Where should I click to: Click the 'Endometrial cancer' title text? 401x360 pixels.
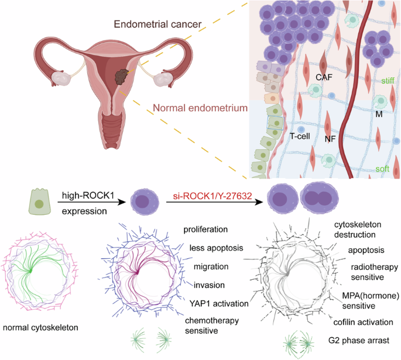tap(157, 24)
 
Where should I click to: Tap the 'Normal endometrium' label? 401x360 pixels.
tap(200, 108)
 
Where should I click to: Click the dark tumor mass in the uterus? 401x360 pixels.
tap(121, 77)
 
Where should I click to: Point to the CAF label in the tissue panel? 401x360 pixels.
tap(324, 77)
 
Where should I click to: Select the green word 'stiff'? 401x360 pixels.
tap(388, 81)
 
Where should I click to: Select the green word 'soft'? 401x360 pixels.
tap(382, 169)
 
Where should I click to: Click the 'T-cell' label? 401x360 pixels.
tap(300, 136)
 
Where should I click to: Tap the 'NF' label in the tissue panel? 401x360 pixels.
tap(330, 139)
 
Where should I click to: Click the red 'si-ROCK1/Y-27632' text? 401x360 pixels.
tap(213, 196)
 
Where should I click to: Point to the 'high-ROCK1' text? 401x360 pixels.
tap(88, 196)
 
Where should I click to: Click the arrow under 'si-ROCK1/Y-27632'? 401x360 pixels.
tap(215, 203)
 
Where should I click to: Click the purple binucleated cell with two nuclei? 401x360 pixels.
tap(319, 198)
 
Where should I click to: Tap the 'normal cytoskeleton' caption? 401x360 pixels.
tap(40, 328)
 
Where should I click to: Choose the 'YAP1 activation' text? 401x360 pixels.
tap(219, 303)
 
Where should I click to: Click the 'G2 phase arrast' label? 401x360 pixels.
tap(359, 340)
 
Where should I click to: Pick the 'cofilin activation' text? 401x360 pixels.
tap(363, 322)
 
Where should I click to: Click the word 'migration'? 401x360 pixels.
tap(211, 267)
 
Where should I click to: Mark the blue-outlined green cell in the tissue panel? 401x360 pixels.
tap(275, 123)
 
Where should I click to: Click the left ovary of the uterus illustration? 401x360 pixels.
tap(61, 78)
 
